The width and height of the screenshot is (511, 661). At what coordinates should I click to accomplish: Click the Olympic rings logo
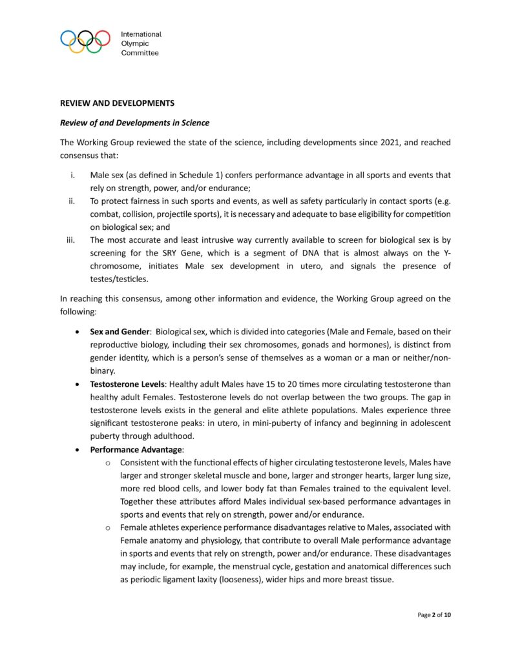tap(85, 42)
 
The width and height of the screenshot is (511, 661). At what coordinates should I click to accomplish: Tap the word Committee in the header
tap(140, 53)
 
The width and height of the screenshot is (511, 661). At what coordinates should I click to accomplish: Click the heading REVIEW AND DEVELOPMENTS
tap(117, 103)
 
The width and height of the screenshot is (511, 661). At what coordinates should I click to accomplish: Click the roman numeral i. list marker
tap(72, 176)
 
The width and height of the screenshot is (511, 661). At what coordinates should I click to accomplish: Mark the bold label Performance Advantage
tap(137, 449)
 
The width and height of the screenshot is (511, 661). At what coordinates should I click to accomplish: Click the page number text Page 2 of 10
tap(434, 615)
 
